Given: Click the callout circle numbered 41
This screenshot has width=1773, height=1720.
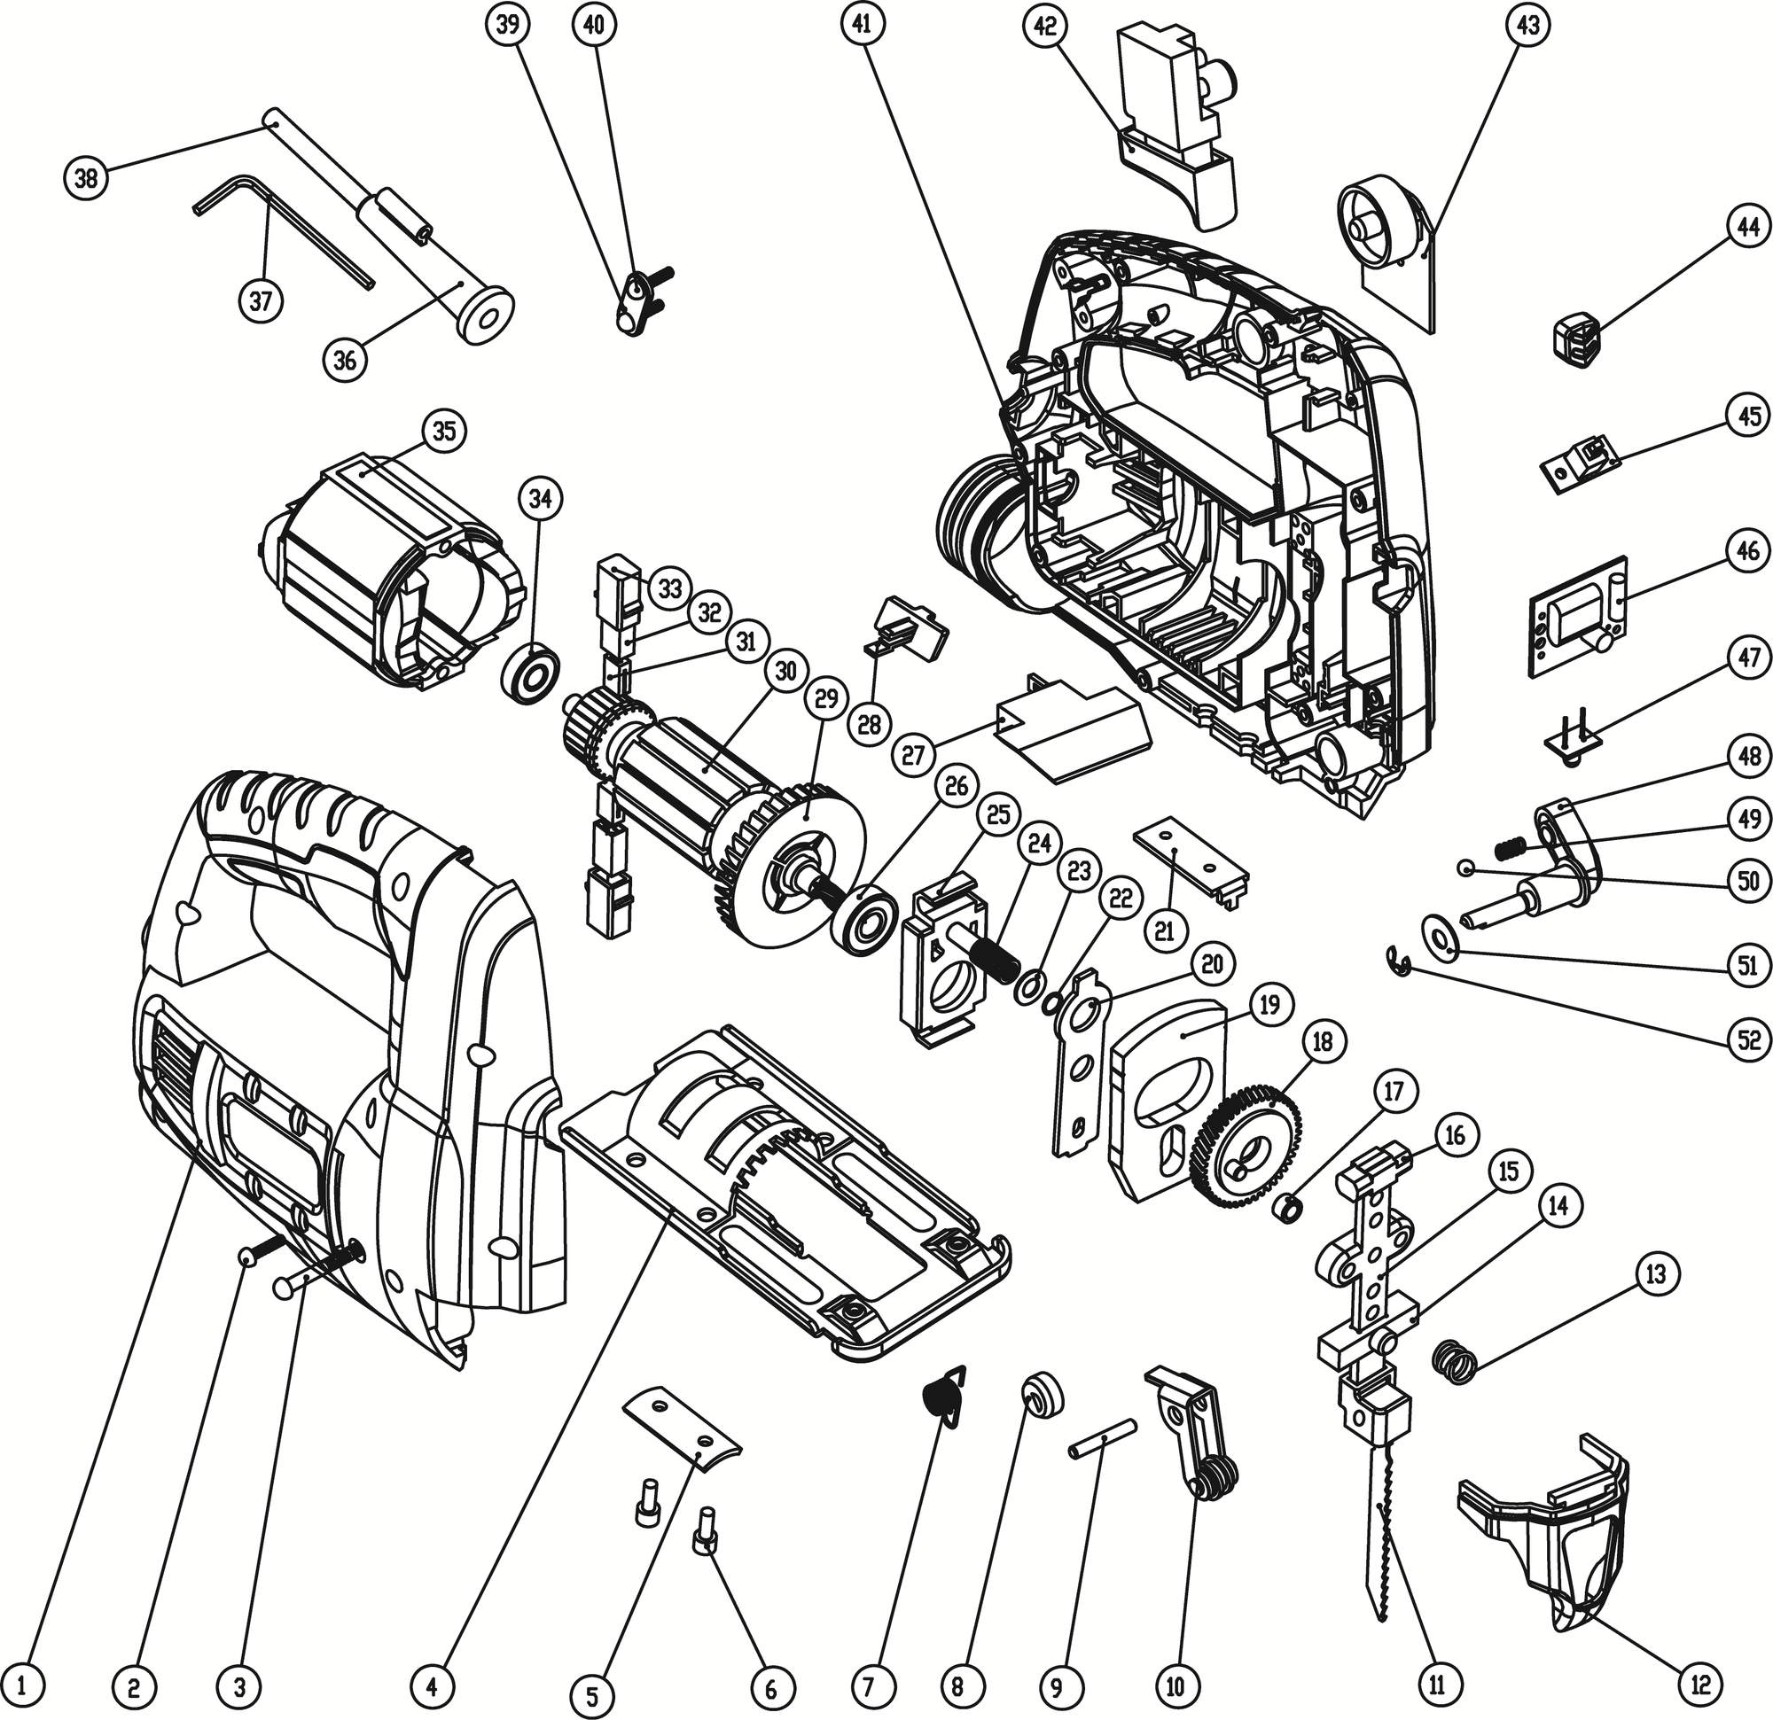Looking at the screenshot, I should coord(861,27).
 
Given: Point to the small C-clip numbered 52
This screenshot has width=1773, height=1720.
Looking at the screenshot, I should coord(1401,961).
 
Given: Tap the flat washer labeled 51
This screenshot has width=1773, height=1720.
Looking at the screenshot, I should coord(1437,938).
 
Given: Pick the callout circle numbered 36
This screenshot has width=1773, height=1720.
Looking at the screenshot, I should coord(345,361).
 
